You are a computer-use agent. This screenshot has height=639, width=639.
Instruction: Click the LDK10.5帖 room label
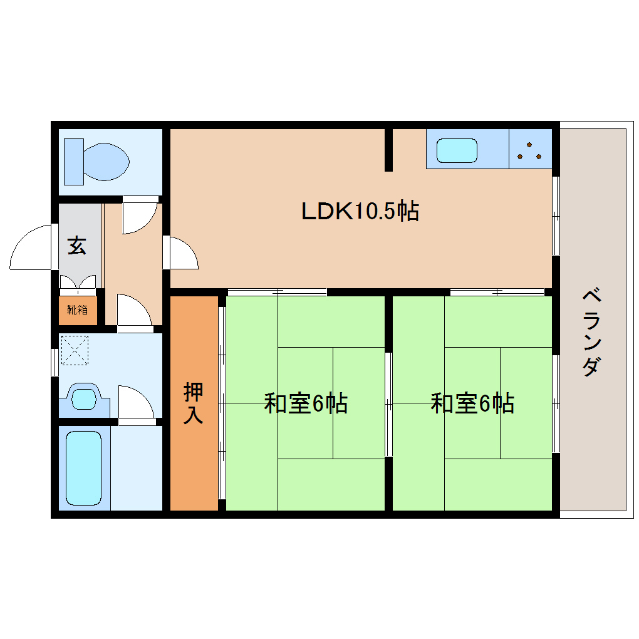[x=360, y=212]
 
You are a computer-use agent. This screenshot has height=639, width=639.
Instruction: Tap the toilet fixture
[x=103, y=162]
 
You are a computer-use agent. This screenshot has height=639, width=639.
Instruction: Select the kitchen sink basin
[x=457, y=151]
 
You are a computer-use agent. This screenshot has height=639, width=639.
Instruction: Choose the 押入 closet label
[x=193, y=403]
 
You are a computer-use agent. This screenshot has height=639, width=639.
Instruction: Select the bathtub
[x=83, y=467]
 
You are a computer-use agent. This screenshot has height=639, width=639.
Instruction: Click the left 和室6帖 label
[x=306, y=403]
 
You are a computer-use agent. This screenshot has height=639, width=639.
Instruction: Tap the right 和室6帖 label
[x=472, y=403]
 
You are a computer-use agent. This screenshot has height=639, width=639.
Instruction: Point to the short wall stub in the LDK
[x=388, y=150]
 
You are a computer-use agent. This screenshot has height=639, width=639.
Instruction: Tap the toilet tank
[x=73, y=162]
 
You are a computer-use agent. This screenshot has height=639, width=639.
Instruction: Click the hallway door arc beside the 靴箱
[x=133, y=309]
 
